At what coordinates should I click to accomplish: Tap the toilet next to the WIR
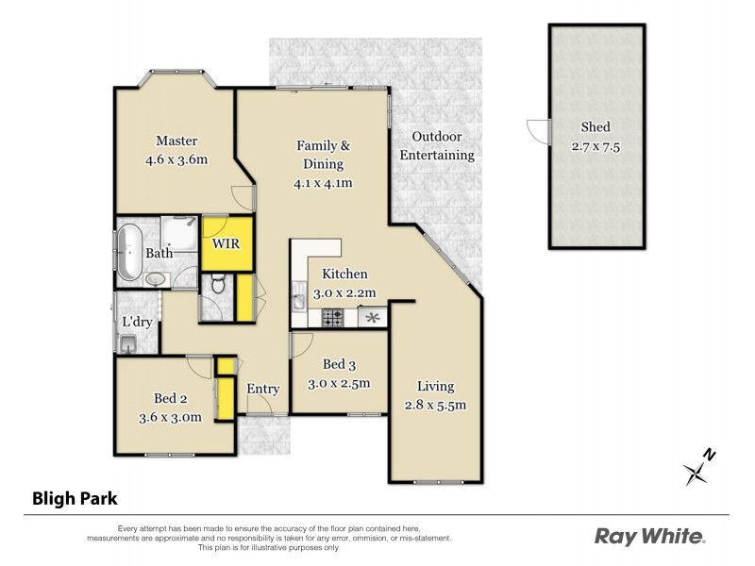217,282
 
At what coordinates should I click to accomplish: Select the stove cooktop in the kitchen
333,319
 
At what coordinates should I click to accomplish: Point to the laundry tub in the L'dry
130,345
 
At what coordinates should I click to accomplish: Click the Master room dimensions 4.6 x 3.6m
176,159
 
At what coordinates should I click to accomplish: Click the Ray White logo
649,537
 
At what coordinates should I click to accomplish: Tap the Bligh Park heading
75,498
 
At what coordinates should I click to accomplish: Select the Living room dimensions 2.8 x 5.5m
436,406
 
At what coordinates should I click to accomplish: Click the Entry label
262,389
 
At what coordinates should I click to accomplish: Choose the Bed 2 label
170,397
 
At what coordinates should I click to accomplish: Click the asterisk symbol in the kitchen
372,318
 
